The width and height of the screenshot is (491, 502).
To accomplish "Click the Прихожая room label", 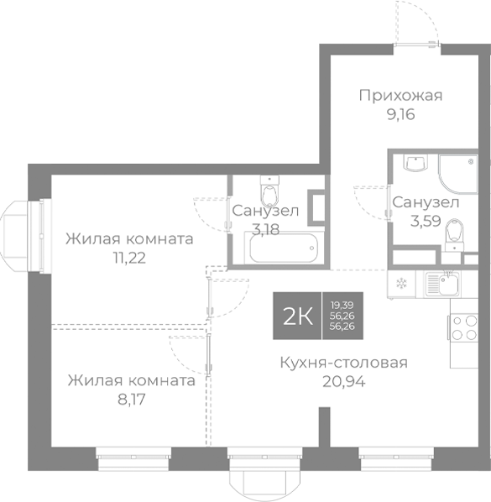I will [400, 95].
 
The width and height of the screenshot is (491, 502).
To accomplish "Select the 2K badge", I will [298, 316].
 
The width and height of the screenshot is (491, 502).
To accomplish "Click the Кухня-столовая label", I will [344, 363].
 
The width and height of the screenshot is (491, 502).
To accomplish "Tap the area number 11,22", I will [129, 258].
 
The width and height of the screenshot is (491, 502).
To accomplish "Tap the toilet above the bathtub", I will [270, 193].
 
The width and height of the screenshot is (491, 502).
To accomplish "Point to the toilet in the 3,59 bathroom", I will [454, 232].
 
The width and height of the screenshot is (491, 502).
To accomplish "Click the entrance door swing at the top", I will [417, 21].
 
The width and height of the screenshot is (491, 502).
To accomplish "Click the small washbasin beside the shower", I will [414, 164].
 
